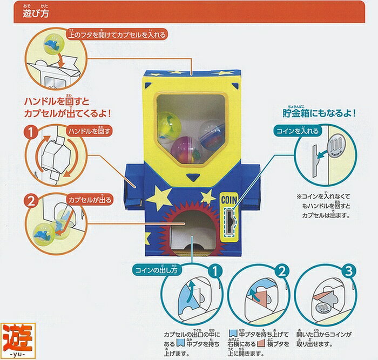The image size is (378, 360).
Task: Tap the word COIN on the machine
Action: click(229, 200)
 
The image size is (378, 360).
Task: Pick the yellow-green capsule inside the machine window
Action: click(168, 125)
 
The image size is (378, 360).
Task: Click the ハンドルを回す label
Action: click(89, 131)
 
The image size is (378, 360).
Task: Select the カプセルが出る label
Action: click(90, 200)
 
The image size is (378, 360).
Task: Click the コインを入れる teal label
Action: click(298, 131)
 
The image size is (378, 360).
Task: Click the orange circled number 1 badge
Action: click(31, 132)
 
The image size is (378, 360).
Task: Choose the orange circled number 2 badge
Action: click(31, 201)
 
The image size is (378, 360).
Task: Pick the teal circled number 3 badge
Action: click(349, 271)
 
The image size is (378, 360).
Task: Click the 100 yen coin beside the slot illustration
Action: click(336, 146)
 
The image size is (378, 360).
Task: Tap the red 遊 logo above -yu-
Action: click(18, 337)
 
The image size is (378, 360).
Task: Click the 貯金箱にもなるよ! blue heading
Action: click(319, 113)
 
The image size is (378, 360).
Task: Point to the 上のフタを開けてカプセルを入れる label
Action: click(117, 35)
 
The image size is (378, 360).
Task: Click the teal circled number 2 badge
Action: click(282, 271)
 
